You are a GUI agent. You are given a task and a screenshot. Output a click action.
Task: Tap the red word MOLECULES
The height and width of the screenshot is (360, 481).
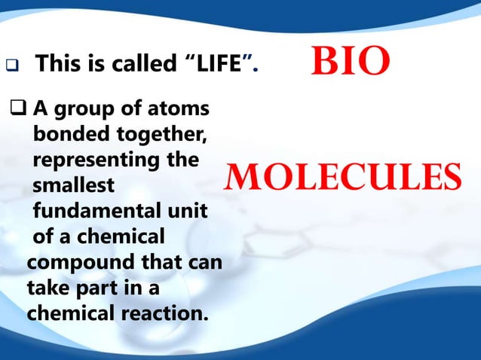(340, 178)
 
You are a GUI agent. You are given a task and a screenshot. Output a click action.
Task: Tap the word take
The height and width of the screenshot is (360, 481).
(47, 288)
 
